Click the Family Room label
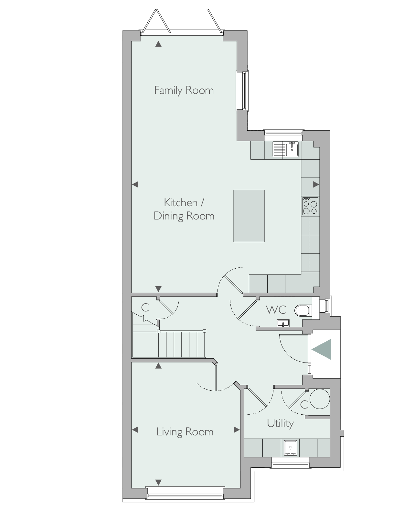pyautogui.click(x=184, y=91)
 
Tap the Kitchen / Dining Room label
pyautogui.click(x=184, y=209)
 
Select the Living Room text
pyautogui.click(x=185, y=432)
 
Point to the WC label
pyautogui.click(x=276, y=310)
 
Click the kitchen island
pyautogui.click(x=249, y=216)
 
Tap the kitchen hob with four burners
pyautogui.click(x=310, y=206)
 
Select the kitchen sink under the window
pyautogui.click(x=285, y=149)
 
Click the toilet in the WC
pyautogui.click(x=303, y=310)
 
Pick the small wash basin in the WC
pyautogui.click(x=283, y=323)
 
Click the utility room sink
pyautogui.click(x=290, y=448)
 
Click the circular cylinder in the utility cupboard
pyautogui.click(x=320, y=399)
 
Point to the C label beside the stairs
pyautogui.click(x=145, y=308)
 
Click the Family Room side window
pyautogui.click(x=242, y=91)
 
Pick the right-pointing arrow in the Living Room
pyautogui.click(x=237, y=430)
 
